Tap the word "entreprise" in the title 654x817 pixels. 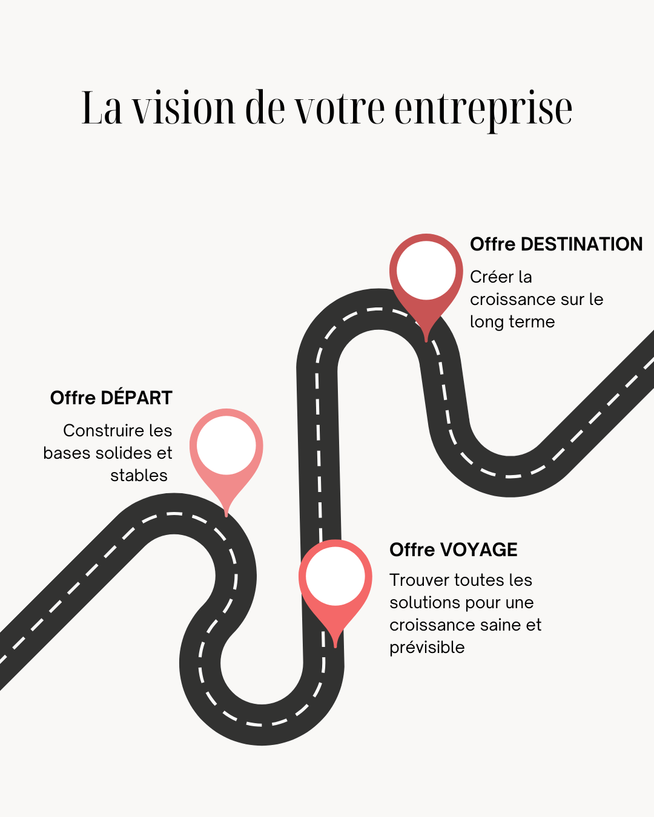483,109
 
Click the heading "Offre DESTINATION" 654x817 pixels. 556,244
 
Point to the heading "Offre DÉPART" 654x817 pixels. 111,398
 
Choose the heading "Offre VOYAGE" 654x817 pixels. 453,550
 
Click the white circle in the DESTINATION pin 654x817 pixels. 426,270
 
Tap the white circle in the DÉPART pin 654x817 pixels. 226,445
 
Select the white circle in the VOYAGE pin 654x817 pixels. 335,576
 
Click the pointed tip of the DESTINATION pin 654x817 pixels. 426,340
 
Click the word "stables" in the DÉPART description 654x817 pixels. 139,475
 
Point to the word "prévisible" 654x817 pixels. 427,648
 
